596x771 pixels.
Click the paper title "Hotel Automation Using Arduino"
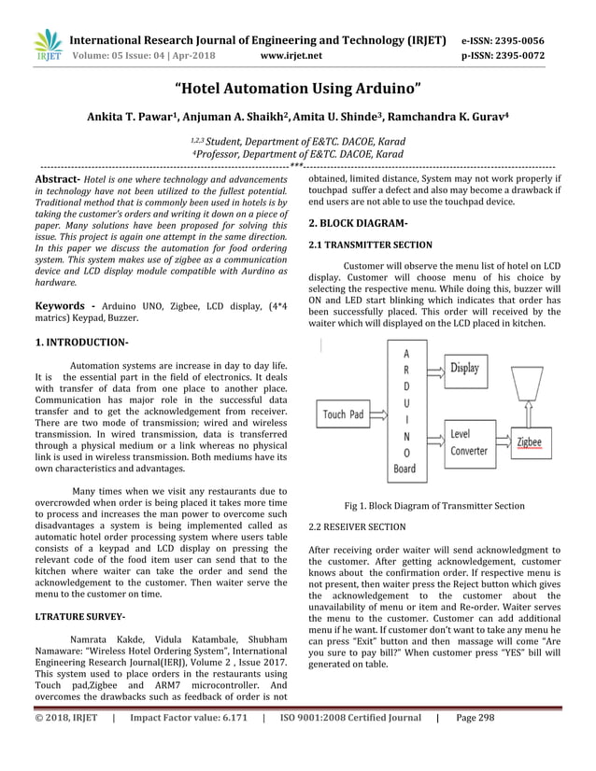pos(298,89)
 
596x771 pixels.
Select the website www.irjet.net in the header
pos(293,55)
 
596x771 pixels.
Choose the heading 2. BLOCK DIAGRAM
pos(358,224)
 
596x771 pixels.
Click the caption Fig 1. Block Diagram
pos(434,506)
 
